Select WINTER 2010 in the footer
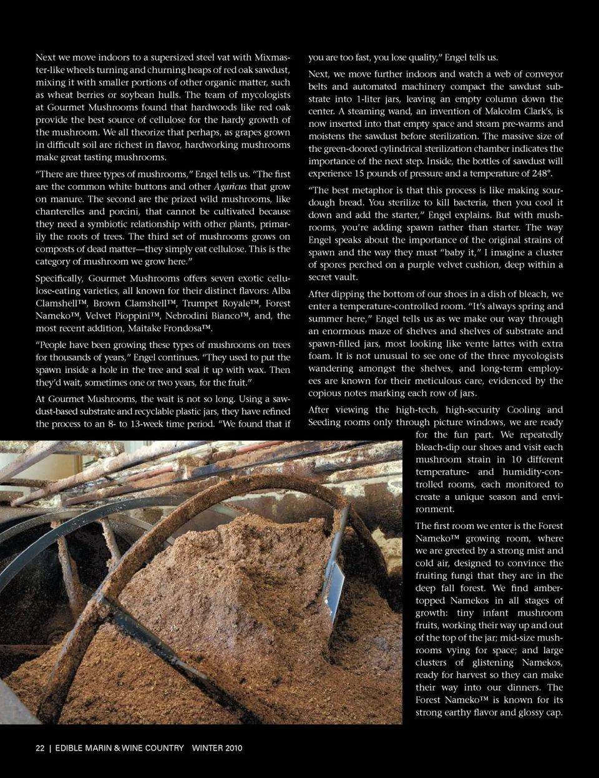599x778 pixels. tap(217, 748)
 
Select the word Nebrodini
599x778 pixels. tap(188, 315)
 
